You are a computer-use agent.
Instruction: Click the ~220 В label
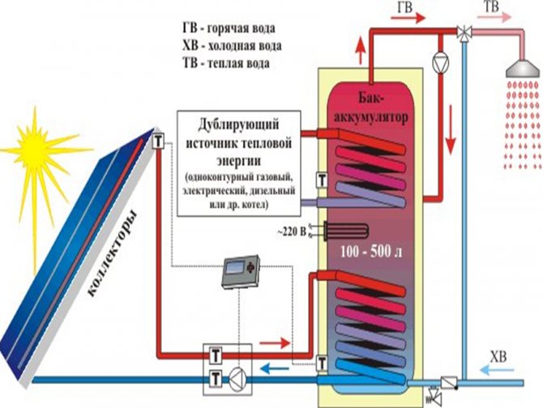click(295, 232)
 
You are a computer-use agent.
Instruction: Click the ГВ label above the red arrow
click(405, 6)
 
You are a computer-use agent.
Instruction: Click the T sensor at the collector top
click(158, 143)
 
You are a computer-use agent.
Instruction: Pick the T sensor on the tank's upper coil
click(322, 181)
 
